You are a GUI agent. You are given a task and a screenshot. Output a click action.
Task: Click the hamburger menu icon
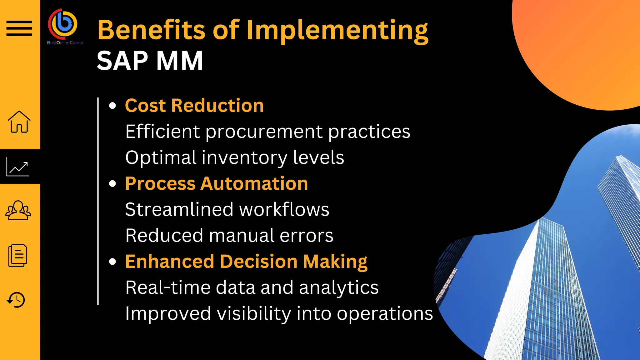click(x=19, y=28)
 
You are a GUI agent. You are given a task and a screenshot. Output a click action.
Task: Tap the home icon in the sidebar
click(x=19, y=122)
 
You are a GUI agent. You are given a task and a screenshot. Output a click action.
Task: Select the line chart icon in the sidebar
click(x=18, y=167)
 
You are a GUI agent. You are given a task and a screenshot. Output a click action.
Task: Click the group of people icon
click(x=18, y=210)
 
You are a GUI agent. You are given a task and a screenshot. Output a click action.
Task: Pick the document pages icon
click(x=18, y=256)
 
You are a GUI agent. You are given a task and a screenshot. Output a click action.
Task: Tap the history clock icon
click(x=16, y=300)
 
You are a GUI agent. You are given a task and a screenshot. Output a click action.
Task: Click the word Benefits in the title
click(x=151, y=30)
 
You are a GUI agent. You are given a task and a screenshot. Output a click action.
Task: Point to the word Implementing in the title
click(x=337, y=31)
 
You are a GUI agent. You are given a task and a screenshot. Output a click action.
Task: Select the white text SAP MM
click(x=150, y=61)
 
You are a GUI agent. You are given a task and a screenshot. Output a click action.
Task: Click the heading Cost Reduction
click(x=194, y=105)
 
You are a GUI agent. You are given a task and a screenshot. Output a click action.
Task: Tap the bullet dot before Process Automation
click(x=112, y=183)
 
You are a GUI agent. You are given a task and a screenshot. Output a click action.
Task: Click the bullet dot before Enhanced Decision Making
click(x=112, y=262)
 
